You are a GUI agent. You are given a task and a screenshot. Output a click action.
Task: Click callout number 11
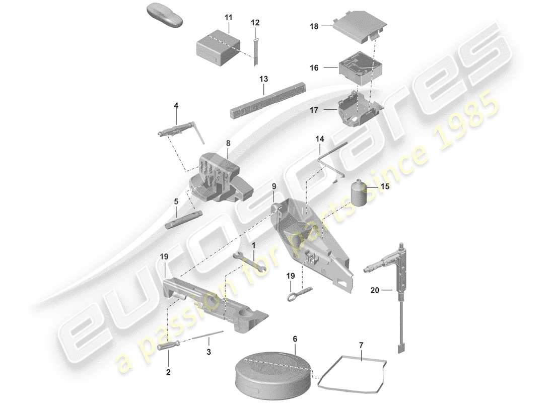(228, 18)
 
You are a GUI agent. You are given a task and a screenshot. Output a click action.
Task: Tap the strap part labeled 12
(255, 47)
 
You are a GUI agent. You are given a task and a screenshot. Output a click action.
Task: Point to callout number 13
(264, 79)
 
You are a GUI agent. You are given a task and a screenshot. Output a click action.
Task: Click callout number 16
(314, 68)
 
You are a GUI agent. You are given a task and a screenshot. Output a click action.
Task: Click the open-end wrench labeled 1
(247, 260)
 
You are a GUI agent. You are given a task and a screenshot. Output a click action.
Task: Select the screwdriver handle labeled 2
(168, 347)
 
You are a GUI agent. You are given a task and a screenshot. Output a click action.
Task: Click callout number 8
(228, 143)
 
